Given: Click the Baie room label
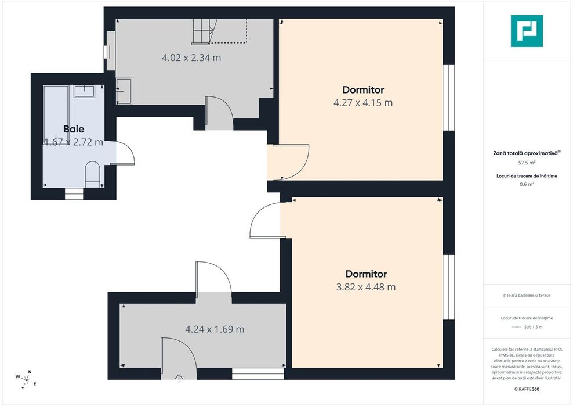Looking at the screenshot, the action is (x=74, y=129).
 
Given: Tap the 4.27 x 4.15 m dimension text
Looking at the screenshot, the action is (x=363, y=103).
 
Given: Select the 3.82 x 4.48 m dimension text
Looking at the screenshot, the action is (x=366, y=287).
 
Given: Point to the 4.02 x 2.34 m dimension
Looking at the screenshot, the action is (x=191, y=58).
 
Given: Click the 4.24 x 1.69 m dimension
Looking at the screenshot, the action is (x=215, y=329).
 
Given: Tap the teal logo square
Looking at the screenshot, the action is (x=527, y=31).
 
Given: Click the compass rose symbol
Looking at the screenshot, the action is (x=26, y=379).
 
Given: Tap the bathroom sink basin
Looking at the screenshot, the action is (x=85, y=91).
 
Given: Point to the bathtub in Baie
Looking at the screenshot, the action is (x=56, y=115).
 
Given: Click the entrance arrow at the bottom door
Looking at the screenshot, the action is (x=179, y=378).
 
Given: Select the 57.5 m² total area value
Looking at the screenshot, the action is (x=527, y=163).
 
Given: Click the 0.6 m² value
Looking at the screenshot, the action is (x=527, y=184).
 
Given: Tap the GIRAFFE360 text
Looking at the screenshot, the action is (x=527, y=389).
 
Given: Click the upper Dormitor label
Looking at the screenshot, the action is (x=363, y=89).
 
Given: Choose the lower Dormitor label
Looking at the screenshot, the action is (x=366, y=274).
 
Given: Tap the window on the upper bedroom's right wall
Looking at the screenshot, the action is (x=449, y=98).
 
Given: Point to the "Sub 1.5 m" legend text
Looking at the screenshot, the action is (x=533, y=327).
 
